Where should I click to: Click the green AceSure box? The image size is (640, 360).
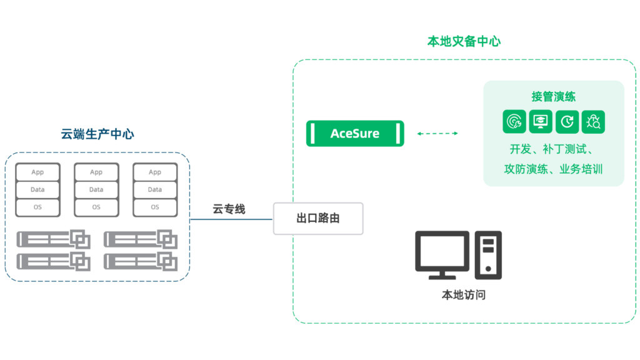click(355, 134)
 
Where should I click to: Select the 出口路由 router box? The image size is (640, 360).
click(318, 219)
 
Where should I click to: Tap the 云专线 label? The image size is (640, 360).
click(229, 209)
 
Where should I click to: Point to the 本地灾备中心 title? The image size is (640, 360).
click(464, 41)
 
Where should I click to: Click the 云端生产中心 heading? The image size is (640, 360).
click(97, 134)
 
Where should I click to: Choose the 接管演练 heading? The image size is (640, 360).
click(553, 97)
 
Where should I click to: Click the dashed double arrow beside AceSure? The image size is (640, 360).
click(437, 134)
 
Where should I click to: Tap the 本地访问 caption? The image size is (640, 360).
click(463, 295)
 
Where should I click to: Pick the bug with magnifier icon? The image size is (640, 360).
click(593, 122)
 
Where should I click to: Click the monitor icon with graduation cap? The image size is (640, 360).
click(541, 122)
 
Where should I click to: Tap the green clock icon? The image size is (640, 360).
click(567, 122)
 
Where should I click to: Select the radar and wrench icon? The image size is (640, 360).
click(514, 122)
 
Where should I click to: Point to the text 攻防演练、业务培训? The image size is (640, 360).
click(553, 169)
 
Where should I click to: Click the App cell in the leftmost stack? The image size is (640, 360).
click(37, 172)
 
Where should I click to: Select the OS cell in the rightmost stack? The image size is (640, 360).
click(155, 207)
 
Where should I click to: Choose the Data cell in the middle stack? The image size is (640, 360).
click(96, 189)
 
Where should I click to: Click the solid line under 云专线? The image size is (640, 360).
click(231, 219)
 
